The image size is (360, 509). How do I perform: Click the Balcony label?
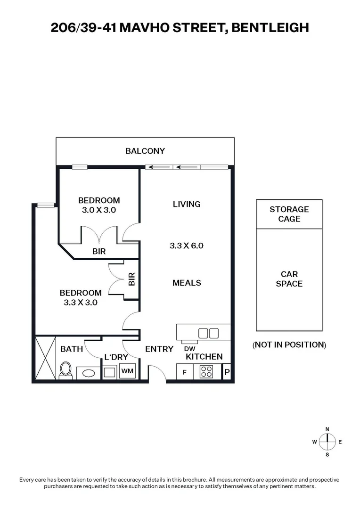click(145, 151)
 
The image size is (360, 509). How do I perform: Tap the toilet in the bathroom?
click(65, 370)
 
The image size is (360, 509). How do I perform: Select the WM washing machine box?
click(127, 371)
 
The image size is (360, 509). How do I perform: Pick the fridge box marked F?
click(184, 372)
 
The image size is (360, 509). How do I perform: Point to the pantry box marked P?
click(227, 372)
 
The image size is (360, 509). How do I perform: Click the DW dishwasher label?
click(190, 349)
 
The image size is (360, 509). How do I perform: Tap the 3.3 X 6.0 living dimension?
click(187, 246)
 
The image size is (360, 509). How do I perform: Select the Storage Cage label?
click(289, 214)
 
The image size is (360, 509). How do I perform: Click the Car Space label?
click(289, 279)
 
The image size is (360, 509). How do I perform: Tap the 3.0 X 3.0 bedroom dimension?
click(99, 210)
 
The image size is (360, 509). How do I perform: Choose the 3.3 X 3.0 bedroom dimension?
click(81, 303)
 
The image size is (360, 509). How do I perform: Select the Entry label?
click(159, 349)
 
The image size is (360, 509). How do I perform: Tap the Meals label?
click(187, 283)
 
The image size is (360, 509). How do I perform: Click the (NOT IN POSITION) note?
click(289, 345)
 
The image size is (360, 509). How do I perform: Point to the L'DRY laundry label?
click(116, 357)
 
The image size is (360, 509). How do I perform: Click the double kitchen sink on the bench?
click(208, 333)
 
